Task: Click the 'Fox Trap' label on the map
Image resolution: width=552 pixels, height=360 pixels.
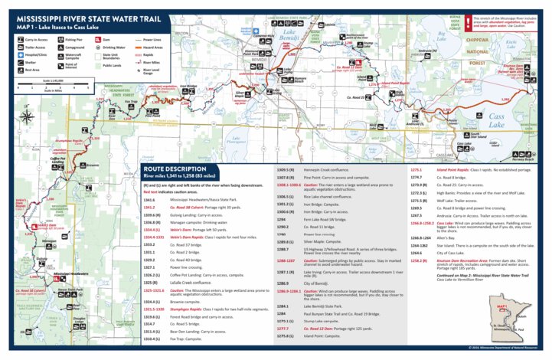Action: point(131,102)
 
